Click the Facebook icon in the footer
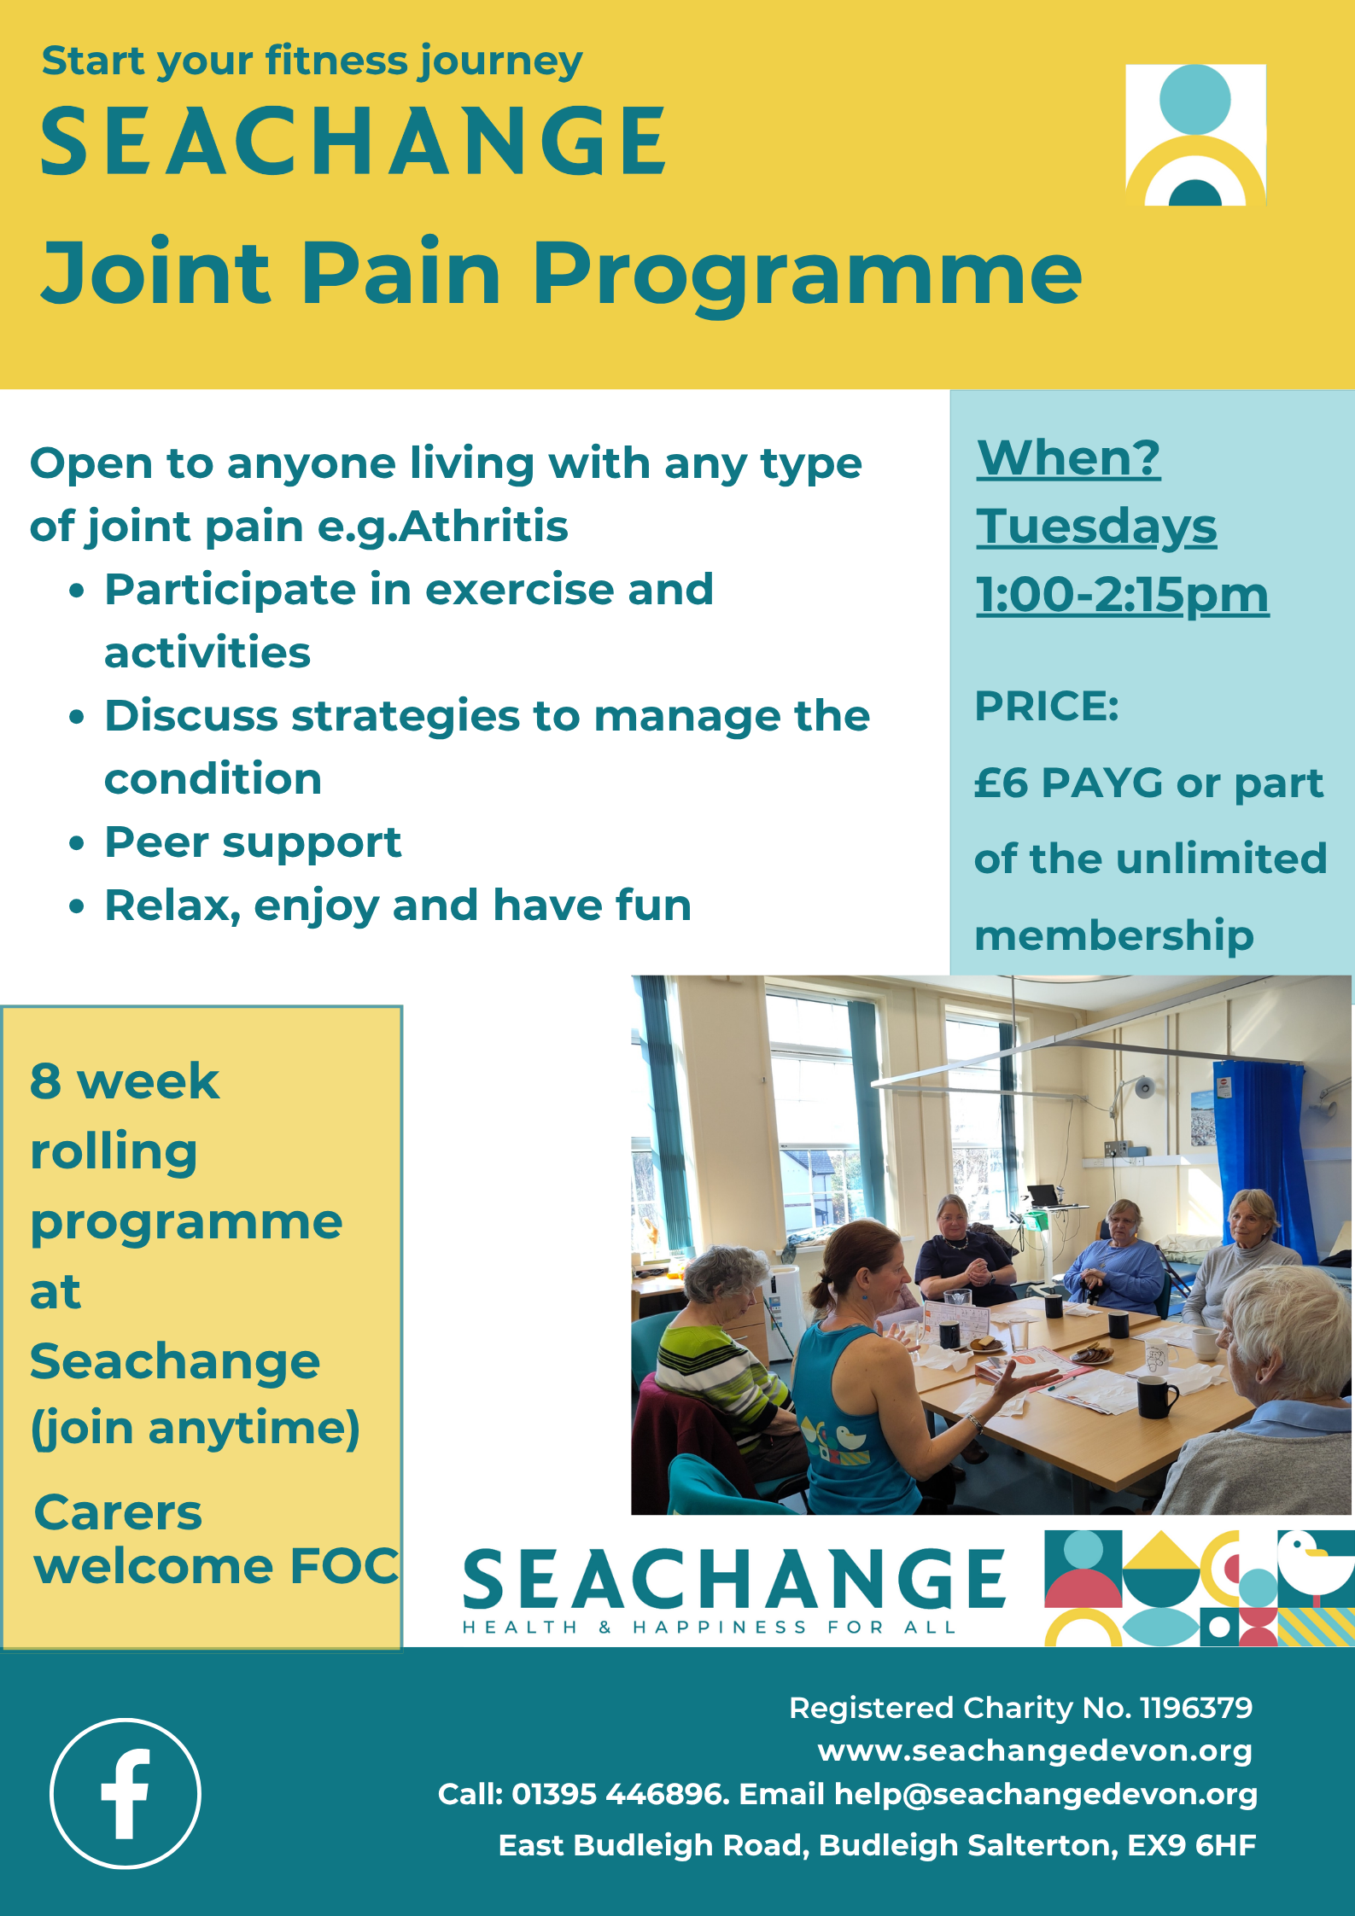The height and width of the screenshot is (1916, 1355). point(126,1793)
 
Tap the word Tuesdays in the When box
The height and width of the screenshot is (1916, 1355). point(1096,527)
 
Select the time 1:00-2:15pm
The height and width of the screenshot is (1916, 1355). point(1122,594)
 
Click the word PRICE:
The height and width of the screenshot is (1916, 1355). point(1047,706)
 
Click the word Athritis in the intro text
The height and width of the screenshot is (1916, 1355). point(483,526)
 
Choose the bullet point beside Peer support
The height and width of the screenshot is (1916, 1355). point(77,843)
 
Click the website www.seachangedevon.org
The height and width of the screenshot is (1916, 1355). point(1035,1750)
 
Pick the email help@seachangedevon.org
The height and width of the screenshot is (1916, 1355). point(1045,1795)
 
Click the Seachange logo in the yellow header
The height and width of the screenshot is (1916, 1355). point(1195,135)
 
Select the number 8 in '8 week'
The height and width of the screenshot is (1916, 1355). point(45,1081)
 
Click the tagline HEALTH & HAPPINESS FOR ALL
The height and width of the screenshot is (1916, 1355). point(709,1628)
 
